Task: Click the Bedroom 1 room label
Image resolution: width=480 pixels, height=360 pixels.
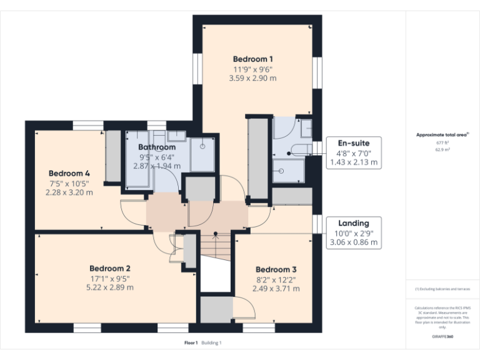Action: (x=253, y=59)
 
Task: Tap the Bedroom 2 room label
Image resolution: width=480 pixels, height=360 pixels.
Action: (x=109, y=268)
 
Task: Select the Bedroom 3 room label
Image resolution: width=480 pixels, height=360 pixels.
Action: (x=276, y=269)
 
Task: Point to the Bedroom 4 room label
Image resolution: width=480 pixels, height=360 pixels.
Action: (x=69, y=173)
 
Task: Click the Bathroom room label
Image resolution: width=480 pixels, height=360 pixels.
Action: (x=157, y=147)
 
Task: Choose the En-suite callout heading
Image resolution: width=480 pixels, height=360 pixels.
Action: (x=354, y=143)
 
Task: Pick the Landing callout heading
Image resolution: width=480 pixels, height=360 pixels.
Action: (x=354, y=223)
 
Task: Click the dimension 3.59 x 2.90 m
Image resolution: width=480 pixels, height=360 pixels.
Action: (x=253, y=79)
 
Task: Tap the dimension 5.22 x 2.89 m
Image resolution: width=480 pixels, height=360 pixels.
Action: (x=110, y=288)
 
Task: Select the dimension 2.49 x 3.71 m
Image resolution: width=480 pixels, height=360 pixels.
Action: (x=276, y=289)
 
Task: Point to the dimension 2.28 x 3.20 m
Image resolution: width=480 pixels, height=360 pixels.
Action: (x=69, y=192)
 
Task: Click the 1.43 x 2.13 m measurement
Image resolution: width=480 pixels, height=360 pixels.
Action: (x=354, y=162)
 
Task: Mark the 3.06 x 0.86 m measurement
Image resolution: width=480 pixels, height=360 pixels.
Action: (x=354, y=242)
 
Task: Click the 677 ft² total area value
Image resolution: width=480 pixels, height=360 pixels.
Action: (x=442, y=142)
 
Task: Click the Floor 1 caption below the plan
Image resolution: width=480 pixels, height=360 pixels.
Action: (x=191, y=342)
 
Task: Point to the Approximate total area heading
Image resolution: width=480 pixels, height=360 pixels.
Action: (x=441, y=134)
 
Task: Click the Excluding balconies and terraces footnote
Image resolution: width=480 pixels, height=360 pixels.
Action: (x=442, y=289)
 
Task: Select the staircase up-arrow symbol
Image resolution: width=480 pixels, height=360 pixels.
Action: (x=216, y=236)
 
